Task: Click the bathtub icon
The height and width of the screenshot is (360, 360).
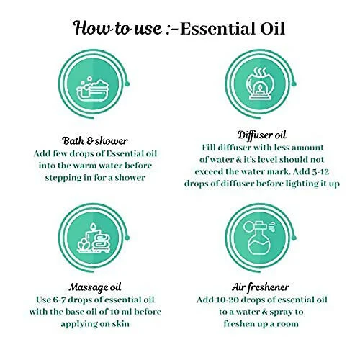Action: (92, 89)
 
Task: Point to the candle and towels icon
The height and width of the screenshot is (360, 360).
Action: (94, 238)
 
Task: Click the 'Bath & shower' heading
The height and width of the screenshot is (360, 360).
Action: (95, 140)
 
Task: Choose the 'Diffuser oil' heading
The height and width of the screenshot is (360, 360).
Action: (262, 135)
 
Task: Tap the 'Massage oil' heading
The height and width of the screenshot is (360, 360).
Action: (95, 287)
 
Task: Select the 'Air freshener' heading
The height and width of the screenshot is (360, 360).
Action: (261, 287)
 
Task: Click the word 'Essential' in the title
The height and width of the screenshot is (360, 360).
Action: (218, 29)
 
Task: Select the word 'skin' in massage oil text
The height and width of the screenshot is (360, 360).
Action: (121, 324)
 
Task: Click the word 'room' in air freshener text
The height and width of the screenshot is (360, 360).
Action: (288, 324)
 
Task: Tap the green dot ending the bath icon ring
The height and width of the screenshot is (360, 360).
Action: (127, 84)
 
